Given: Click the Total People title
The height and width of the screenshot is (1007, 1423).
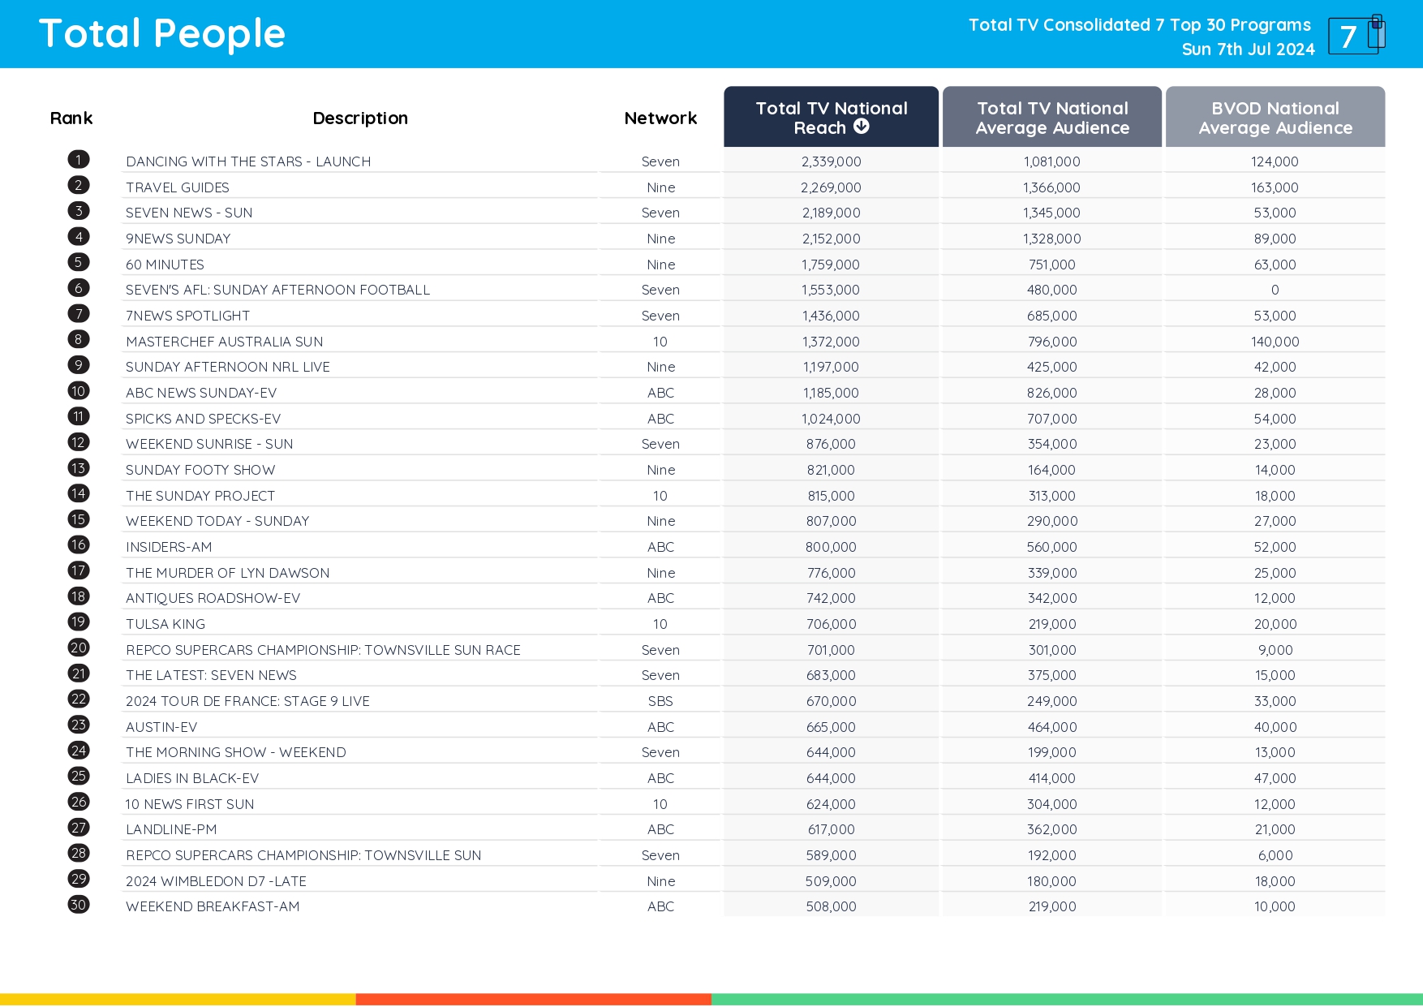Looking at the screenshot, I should [x=162, y=34].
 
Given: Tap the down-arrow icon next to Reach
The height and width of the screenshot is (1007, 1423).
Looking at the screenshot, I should [x=862, y=127].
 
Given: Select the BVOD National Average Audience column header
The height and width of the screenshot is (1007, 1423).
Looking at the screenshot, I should [x=1275, y=118].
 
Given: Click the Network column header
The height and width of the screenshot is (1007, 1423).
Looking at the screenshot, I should [x=660, y=118].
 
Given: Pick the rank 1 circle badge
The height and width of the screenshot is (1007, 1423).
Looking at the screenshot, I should [x=79, y=160].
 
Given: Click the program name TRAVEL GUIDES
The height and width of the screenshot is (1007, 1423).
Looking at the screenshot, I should [x=178, y=187].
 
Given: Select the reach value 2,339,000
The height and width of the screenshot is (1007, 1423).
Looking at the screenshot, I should [x=831, y=161].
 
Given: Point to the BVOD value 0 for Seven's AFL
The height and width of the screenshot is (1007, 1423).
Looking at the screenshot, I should [x=1275, y=290].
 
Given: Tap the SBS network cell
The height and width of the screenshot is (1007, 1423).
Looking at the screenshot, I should [x=660, y=701].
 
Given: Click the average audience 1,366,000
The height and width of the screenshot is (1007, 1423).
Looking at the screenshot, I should [x=1051, y=187].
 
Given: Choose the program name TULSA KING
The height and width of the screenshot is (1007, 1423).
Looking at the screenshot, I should [x=166, y=624].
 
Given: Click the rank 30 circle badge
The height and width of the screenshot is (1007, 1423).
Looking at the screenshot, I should [x=79, y=905].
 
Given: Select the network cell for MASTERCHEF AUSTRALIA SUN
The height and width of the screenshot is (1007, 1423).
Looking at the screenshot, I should [x=660, y=342].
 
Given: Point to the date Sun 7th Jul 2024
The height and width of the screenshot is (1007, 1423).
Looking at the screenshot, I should [x=1248, y=49].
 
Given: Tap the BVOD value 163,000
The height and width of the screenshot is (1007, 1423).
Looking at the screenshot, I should [x=1275, y=187].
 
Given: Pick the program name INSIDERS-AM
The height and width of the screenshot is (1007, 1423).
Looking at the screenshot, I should [x=169, y=547].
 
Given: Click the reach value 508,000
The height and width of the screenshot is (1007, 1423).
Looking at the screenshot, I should [x=831, y=906].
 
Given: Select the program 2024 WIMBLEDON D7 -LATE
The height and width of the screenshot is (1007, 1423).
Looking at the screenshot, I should [x=216, y=881].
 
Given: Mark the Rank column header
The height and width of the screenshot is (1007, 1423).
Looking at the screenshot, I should [x=71, y=118].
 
